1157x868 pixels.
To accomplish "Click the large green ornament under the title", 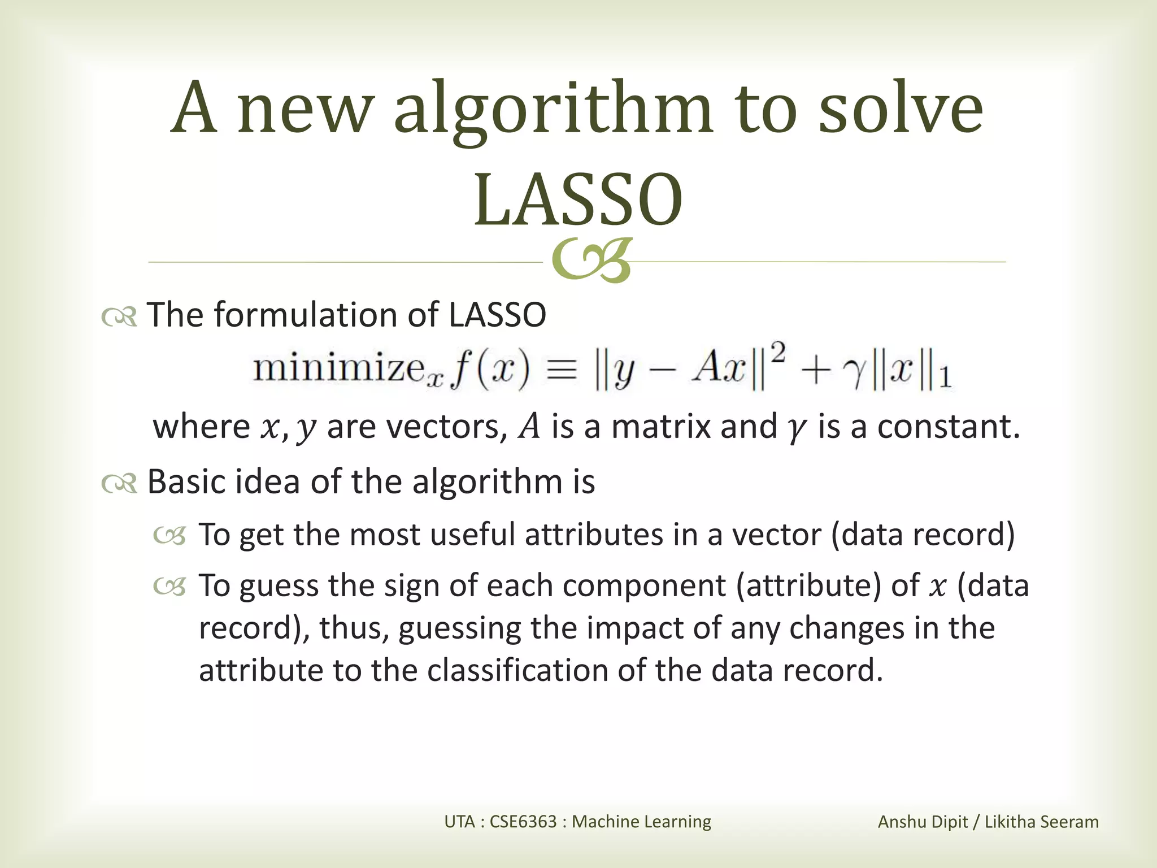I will tap(591, 261).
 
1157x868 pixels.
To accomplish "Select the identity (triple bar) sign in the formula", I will tap(562, 371).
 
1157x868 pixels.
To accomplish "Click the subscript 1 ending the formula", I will tap(945, 378).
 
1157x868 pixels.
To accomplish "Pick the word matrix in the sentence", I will tap(661, 427).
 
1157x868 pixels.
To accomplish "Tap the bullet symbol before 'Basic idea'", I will tap(119, 484).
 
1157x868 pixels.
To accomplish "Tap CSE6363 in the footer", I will tap(523, 821).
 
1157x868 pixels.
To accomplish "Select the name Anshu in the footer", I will tap(901, 822).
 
